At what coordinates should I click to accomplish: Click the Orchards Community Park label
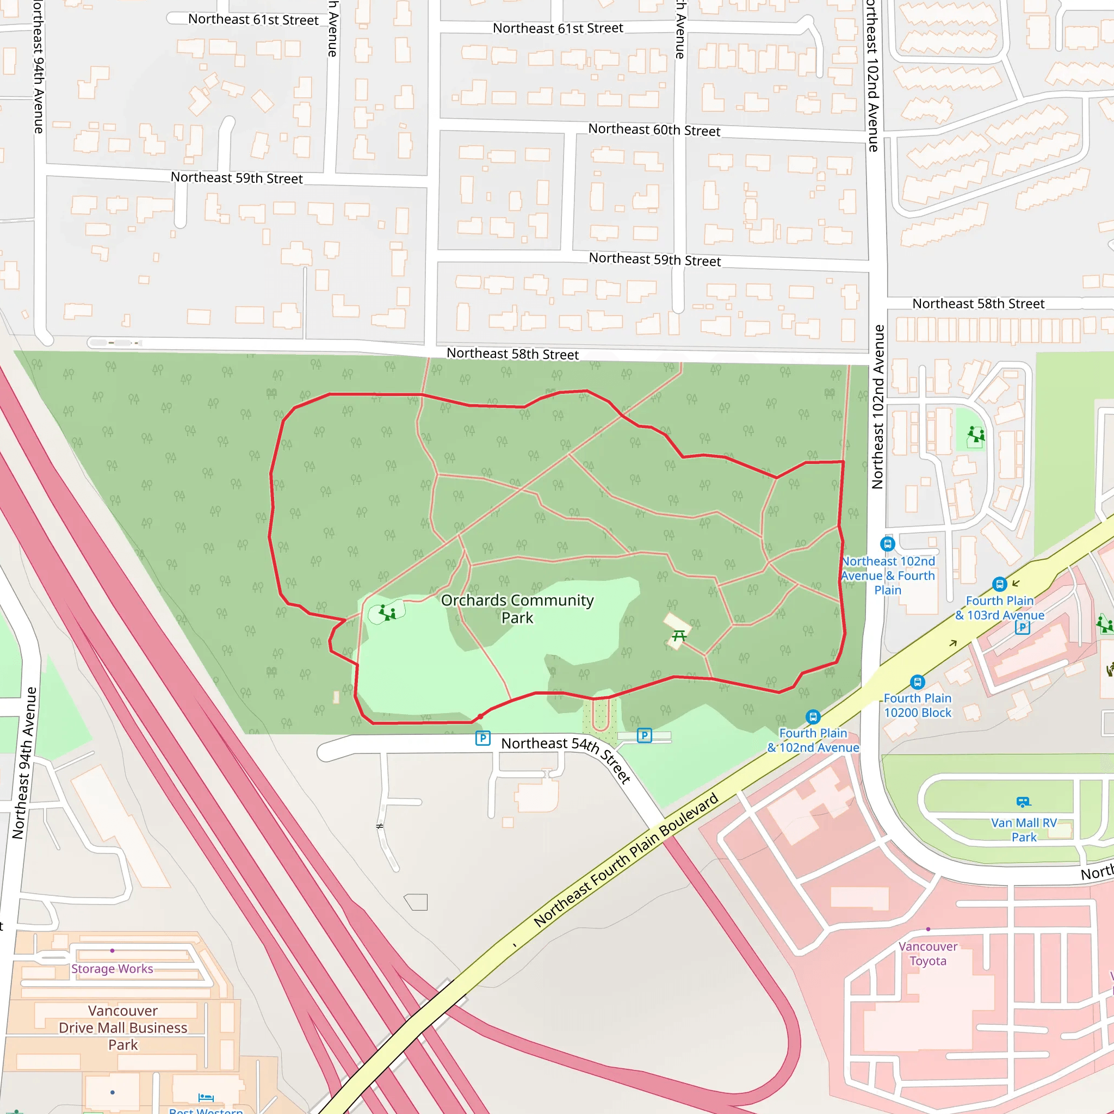pos(517,609)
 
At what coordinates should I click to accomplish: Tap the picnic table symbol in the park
pos(679,636)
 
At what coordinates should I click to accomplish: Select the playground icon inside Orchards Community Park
pos(387,612)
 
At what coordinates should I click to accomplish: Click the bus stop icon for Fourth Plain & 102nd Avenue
pos(813,717)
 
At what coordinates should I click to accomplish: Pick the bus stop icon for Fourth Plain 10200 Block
pos(918,682)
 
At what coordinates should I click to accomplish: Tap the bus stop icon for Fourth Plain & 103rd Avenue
pos(999,584)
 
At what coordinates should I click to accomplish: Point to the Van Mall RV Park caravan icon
pos(1024,801)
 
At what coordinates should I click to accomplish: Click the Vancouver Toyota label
pos(928,953)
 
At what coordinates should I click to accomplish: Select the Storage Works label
pos(112,969)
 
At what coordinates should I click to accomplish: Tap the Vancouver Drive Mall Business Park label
pos(123,1028)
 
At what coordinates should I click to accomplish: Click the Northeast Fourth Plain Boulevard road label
pos(626,860)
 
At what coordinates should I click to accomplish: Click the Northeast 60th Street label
pos(654,130)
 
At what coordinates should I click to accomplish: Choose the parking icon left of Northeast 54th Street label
pos(482,738)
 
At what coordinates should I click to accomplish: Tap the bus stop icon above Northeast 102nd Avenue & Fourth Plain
pos(887,543)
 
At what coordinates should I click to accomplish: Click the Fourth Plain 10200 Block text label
pos(918,705)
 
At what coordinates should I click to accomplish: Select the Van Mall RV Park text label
pos(1024,830)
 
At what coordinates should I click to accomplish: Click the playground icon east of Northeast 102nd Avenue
pos(976,434)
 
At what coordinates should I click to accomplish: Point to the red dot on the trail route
pos(480,717)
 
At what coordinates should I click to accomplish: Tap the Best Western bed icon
pos(206,1097)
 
